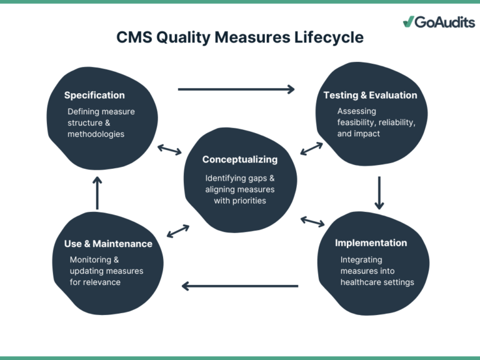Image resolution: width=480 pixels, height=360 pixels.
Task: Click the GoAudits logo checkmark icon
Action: [409, 22]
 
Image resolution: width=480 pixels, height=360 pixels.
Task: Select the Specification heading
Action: [94, 96]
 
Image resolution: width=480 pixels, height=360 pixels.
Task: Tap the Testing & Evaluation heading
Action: [370, 96]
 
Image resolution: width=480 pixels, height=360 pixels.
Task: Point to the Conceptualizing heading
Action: [240, 159]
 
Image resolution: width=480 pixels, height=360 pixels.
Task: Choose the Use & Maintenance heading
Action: [108, 244]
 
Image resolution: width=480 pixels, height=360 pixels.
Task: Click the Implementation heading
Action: [371, 243]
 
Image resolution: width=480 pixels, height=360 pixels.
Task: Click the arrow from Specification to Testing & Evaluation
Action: [236, 89]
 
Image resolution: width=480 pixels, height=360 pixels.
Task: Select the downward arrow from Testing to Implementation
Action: [379, 192]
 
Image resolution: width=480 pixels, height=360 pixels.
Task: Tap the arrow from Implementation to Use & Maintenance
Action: [240, 286]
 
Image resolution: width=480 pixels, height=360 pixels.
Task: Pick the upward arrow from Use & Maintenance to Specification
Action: [97, 192]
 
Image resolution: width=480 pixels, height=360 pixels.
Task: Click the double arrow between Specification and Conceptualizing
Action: [169, 149]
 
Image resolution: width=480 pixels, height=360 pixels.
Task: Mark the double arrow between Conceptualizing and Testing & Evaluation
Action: [311, 149]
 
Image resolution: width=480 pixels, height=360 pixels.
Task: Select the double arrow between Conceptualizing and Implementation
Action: [312, 221]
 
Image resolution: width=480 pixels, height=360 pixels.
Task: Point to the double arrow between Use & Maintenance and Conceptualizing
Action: [178, 231]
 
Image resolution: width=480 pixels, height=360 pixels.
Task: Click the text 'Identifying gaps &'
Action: [240, 178]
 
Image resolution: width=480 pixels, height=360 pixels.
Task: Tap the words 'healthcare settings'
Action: [377, 282]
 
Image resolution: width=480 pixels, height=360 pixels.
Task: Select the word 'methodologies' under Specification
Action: [96, 134]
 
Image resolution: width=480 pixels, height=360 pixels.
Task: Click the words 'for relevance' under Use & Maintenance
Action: [95, 282]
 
